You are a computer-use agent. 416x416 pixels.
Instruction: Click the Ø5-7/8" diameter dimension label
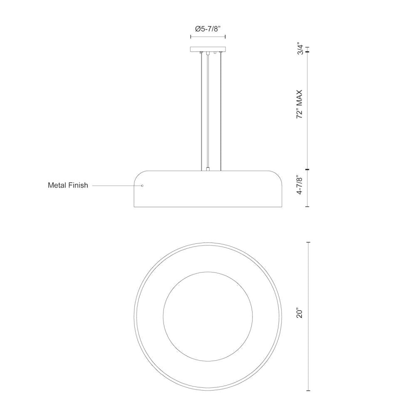pos(208,29)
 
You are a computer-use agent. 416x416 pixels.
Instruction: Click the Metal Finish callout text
pos(68,186)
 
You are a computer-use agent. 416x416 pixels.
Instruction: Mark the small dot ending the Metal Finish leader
pos(142,186)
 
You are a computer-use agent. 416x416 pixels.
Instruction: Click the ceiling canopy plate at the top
pos(208,49)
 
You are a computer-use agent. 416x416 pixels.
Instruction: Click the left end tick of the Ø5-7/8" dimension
pos(191,37)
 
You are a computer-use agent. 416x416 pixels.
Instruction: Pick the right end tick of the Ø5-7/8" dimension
pos(225,37)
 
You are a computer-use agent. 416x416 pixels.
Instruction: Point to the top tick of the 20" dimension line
pos(308,243)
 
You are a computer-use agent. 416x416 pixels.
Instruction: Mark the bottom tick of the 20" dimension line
pos(308,390)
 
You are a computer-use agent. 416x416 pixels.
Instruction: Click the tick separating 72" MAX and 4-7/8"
pos(308,170)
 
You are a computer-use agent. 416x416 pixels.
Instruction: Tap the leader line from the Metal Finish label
pos(116,186)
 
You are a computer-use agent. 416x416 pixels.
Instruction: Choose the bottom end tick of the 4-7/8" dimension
pos(308,206)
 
